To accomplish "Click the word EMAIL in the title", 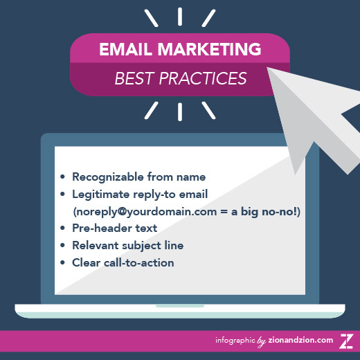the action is coord(125,49).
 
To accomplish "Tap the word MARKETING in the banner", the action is coord(209,49).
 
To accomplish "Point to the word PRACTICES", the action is coord(203,78).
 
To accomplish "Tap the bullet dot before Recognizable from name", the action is coord(62,177).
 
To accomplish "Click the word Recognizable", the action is coord(108,177).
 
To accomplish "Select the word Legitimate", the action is coord(100,195).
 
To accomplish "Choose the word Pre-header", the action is coord(102,228).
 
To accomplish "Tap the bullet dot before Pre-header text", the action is coord(62,228).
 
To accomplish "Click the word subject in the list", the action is coord(141,246).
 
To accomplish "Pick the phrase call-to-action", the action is coord(139,263).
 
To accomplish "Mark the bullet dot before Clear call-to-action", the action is coord(62,262).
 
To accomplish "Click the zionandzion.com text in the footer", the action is coord(300,340).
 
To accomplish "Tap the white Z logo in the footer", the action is coord(346,341).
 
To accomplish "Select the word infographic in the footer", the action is coord(235,341).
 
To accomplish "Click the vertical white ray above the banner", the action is coord(180,17).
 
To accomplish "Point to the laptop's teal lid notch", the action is coord(180,306).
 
